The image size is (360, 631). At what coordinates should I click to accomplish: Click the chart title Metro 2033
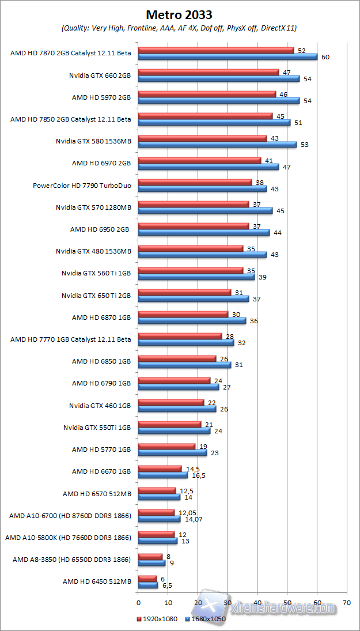(x=179, y=14)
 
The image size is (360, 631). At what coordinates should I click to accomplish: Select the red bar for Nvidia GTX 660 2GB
(x=209, y=72)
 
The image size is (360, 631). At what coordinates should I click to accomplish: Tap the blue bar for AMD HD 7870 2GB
(x=228, y=56)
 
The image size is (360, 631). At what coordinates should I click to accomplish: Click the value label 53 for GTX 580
(x=305, y=144)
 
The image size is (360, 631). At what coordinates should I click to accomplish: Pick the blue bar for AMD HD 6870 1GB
(x=192, y=320)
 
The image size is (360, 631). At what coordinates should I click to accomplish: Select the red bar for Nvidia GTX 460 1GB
(x=171, y=402)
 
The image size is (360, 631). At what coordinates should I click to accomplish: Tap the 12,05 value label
(x=187, y=512)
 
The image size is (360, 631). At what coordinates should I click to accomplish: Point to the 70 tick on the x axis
(x=347, y=602)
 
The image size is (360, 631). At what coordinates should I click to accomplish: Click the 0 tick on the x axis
(x=138, y=602)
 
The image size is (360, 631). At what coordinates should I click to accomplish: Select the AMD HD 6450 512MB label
(x=97, y=581)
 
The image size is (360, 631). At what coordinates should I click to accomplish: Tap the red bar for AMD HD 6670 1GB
(x=160, y=468)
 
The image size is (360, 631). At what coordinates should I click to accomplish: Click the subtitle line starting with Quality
(x=179, y=28)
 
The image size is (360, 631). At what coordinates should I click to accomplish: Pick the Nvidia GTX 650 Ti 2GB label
(x=96, y=295)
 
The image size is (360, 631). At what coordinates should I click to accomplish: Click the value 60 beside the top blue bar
(x=325, y=57)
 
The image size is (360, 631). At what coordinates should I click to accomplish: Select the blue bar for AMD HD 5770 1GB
(x=172, y=452)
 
